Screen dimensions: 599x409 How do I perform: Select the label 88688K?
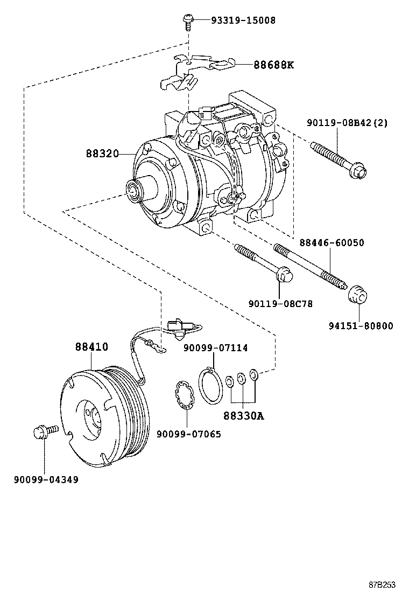click(274, 65)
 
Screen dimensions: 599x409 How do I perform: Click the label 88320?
click(102, 154)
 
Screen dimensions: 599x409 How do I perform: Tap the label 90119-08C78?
click(280, 304)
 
